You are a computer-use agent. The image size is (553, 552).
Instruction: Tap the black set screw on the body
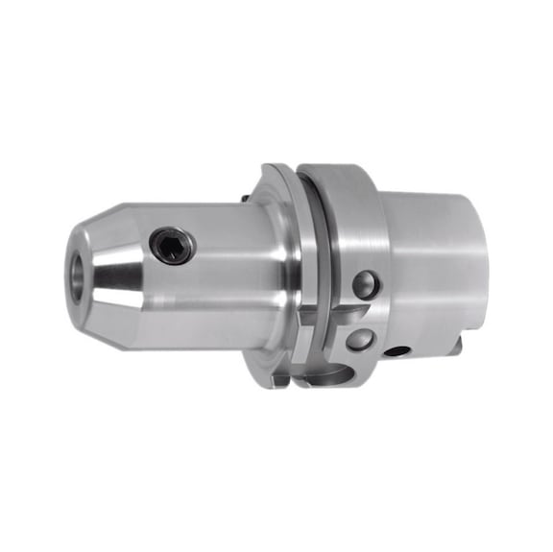tap(173, 249)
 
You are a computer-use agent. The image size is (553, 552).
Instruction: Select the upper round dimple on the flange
tap(365, 284)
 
